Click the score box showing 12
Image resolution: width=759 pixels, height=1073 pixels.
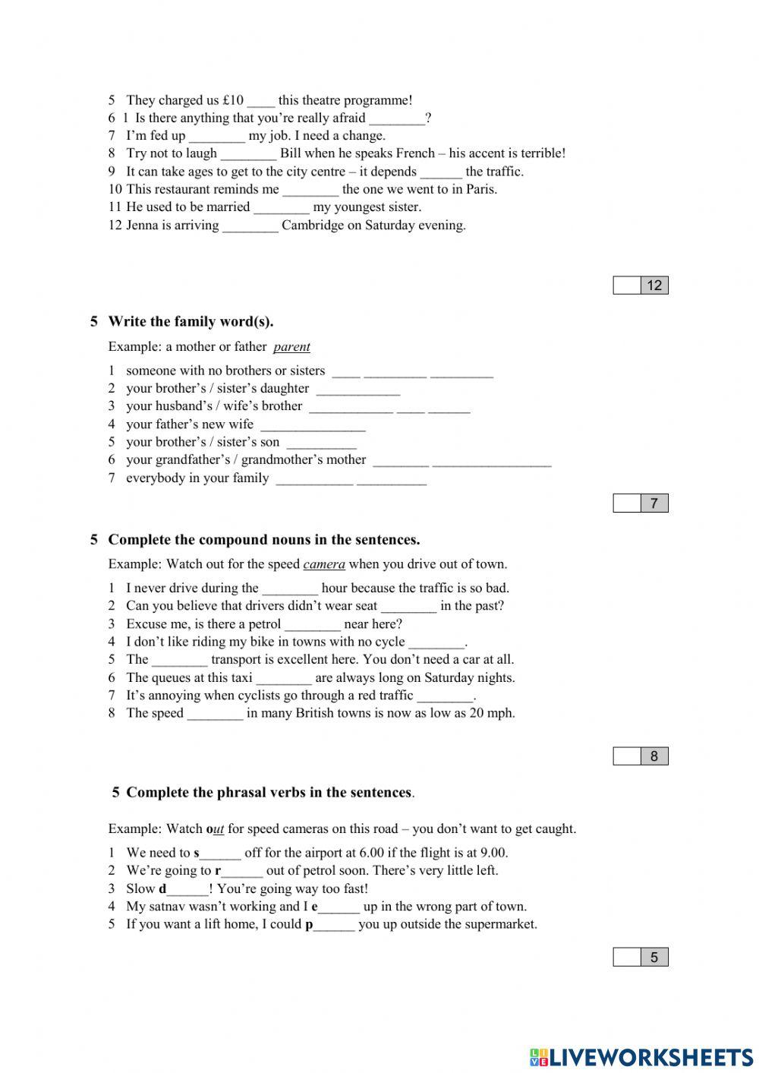pyautogui.click(x=641, y=286)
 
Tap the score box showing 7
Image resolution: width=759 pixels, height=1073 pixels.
pyautogui.click(x=641, y=503)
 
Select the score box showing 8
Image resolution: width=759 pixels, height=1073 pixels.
pyautogui.click(x=641, y=756)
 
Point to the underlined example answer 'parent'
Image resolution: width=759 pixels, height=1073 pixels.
pyautogui.click(x=291, y=347)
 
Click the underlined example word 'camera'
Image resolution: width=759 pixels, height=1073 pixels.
pyautogui.click(x=324, y=564)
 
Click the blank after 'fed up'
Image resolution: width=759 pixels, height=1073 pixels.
pyautogui.click(x=217, y=137)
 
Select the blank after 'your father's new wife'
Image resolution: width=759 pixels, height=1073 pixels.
pyautogui.click(x=313, y=425)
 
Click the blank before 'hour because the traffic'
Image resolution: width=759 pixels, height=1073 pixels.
pyautogui.click(x=290, y=589)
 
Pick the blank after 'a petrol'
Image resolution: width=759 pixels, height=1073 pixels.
pyautogui.click(x=313, y=625)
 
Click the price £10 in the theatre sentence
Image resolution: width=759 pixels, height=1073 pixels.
pyautogui.click(x=233, y=100)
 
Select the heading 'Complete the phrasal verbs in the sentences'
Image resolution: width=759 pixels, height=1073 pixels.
pyautogui.click(x=269, y=793)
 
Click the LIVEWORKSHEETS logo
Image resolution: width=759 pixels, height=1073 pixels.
pyautogui.click(x=641, y=1057)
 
